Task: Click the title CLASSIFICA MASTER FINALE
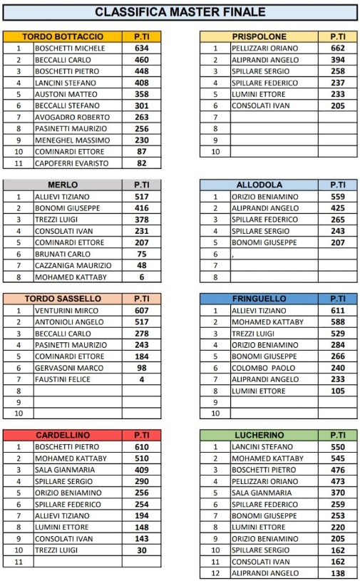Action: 180,11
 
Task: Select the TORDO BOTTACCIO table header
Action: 63,36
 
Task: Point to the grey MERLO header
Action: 63,185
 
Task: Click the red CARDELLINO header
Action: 63,435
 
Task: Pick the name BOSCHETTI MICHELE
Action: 70,48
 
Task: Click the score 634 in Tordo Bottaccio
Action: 141,48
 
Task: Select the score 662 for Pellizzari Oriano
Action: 338,48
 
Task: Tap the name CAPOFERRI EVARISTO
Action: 71,163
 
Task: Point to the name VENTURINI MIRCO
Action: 67,311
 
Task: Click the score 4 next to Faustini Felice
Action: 141,379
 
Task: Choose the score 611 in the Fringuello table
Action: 338,311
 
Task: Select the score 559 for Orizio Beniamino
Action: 338,197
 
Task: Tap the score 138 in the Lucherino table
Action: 338,573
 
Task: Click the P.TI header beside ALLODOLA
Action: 338,185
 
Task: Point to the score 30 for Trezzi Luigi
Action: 141,550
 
